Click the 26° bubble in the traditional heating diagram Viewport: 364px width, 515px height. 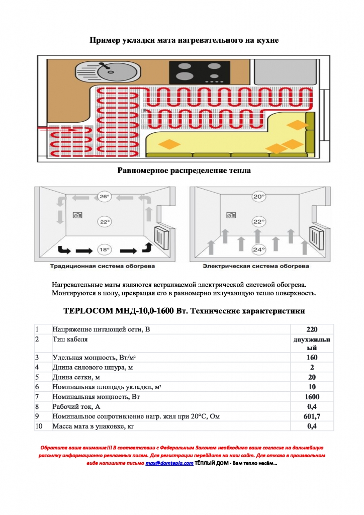(x=104, y=197)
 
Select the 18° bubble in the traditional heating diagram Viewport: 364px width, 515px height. (x=104, y=249)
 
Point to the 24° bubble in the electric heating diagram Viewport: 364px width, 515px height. (x=258, y=249)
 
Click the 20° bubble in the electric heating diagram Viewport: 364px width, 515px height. (x=258, y=197)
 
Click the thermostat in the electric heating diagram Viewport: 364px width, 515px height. (x=231, y=215)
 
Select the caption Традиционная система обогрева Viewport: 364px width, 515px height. (x=103, y=266)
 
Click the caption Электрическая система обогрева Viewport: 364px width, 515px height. (x=256, y=266)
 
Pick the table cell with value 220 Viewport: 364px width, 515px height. (x=312, y=329)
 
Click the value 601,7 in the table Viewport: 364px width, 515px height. (x=312, y=416)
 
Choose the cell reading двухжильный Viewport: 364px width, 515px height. (x=312, y=344)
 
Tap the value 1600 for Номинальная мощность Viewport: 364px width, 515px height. (x=312, y=397)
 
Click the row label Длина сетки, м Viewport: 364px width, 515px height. (x=76, y=377)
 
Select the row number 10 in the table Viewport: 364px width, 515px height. (x=39, y=426)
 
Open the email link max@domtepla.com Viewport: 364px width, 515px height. (x=169, y=463)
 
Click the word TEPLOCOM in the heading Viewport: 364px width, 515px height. (x=88, y=311)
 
